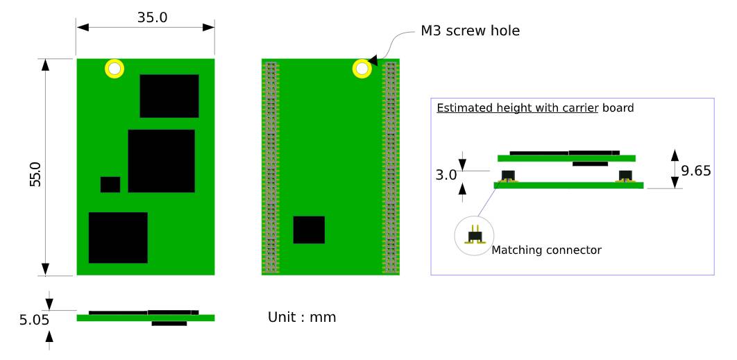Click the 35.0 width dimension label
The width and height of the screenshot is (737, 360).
pos(152,17)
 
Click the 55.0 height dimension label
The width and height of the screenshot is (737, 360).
pos(35,174)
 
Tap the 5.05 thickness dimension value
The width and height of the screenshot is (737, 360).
pos(34,320)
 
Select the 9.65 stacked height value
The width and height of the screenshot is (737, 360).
pos(696,171)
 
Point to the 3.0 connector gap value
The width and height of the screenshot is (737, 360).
pos(446,175)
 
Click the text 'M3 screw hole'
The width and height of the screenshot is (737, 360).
pos(470,31)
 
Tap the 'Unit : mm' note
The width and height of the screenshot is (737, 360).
pos(302,317)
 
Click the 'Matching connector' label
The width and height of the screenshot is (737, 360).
pos(546,250)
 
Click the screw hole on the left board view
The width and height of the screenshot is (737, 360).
pos(115,69)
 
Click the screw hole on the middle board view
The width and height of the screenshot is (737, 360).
pos(362,69)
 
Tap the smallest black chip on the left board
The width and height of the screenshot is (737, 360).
pos(110,185)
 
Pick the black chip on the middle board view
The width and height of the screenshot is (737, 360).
pos(309,230)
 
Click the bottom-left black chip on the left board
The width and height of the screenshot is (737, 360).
pos(118,238)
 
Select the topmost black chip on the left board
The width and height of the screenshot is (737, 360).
pos(169,96)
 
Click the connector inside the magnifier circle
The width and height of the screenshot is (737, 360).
pos(474,235)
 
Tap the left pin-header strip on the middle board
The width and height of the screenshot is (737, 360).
pos(270,167)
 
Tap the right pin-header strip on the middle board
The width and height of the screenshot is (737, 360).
pos(391,167)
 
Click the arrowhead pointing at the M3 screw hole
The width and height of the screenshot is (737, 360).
pos(373,60)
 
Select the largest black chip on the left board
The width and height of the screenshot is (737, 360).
pos(161,161)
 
